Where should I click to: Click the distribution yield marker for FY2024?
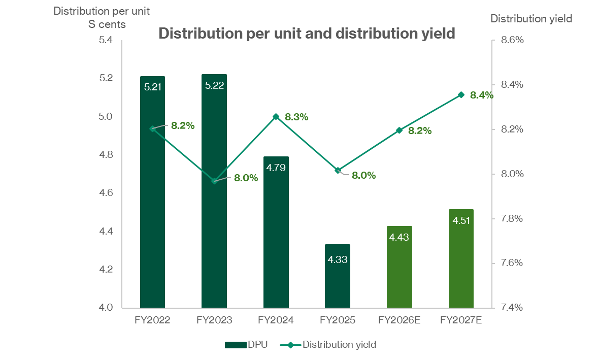pos(276,117)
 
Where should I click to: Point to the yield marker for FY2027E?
pos(461,94)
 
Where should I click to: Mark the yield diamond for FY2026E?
pos(399,130)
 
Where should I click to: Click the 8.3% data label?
pos(296,117)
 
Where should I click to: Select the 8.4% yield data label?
pos(481,95)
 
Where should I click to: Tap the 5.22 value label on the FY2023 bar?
pos(214,85)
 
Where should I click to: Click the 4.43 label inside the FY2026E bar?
pos(399,237)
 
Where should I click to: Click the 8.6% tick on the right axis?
pos(512,40)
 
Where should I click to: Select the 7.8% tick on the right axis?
pos(512,218)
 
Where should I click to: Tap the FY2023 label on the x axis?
pos(214,320)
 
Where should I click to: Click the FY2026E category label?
pos(399,320)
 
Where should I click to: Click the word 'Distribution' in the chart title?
pos(195,34)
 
